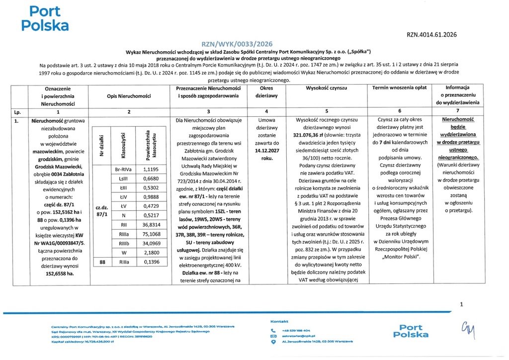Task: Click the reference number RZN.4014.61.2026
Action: click(431, 35)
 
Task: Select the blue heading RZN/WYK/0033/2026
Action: click(237, 44)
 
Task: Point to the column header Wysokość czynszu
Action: click(327, 88)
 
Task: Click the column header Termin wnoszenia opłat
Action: click(400, 88)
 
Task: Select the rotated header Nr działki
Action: click(101, 143)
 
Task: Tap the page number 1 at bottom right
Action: click(462, 304)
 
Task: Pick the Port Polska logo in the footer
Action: click(411, 331)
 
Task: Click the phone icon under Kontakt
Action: click(273, 330)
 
